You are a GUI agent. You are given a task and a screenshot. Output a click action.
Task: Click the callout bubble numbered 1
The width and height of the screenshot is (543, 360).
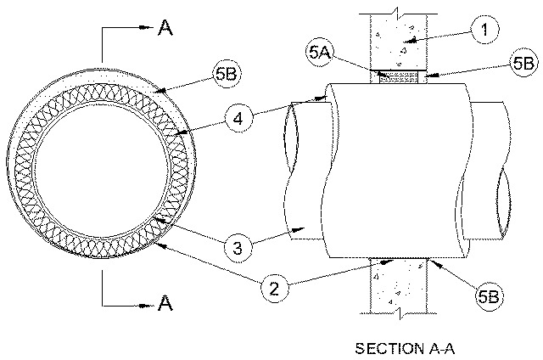484,30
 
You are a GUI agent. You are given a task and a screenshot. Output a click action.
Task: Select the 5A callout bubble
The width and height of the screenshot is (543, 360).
319,53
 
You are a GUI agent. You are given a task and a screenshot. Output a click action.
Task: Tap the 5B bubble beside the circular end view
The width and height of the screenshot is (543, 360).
227,74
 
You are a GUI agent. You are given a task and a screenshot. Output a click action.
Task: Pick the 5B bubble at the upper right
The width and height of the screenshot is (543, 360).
523,64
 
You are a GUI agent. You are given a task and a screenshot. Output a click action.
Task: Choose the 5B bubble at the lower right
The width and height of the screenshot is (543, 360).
489,296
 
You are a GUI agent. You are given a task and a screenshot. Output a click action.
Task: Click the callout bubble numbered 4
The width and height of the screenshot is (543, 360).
238,119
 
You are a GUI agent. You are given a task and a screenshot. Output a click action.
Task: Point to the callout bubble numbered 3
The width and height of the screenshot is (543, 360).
238,248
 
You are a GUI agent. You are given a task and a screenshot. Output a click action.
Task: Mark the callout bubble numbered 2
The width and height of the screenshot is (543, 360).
274,288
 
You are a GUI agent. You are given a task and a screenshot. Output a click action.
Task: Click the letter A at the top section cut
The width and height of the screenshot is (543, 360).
165,27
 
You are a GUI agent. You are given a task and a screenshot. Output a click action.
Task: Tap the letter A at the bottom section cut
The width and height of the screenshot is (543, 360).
165,303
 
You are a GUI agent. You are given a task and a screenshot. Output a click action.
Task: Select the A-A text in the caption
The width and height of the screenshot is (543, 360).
439,348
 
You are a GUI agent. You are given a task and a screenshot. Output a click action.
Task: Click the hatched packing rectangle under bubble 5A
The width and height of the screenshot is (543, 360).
399,77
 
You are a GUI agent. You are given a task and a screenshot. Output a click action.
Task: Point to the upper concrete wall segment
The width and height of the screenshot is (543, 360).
399,42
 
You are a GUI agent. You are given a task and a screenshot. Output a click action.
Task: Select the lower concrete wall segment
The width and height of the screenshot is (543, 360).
400,285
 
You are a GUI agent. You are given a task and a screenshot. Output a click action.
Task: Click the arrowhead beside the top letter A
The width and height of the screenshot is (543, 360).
146,27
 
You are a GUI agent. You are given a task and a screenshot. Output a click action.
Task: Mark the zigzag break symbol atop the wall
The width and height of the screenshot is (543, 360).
398,13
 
